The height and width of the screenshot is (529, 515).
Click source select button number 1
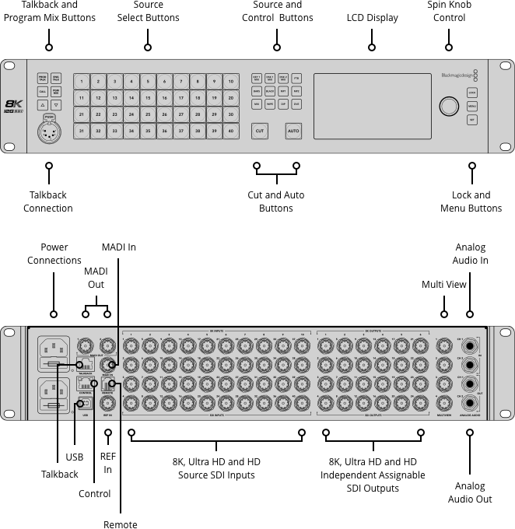click(81, 82)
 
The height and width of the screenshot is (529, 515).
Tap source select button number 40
click(231, 131)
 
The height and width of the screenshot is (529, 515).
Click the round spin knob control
click(449, 106)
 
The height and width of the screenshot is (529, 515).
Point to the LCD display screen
click(373, 106)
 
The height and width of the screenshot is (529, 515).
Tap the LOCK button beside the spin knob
click(472, 93)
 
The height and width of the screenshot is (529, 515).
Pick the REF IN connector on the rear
click(107, 404)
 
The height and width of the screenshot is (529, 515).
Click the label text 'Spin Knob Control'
click(449, 11)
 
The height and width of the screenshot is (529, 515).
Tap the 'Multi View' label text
click(444, 285)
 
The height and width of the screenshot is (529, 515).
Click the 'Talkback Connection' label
click(48, 201)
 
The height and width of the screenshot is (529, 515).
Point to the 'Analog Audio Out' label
click(470, 492)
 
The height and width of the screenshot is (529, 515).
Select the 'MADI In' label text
click(119, 247)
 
